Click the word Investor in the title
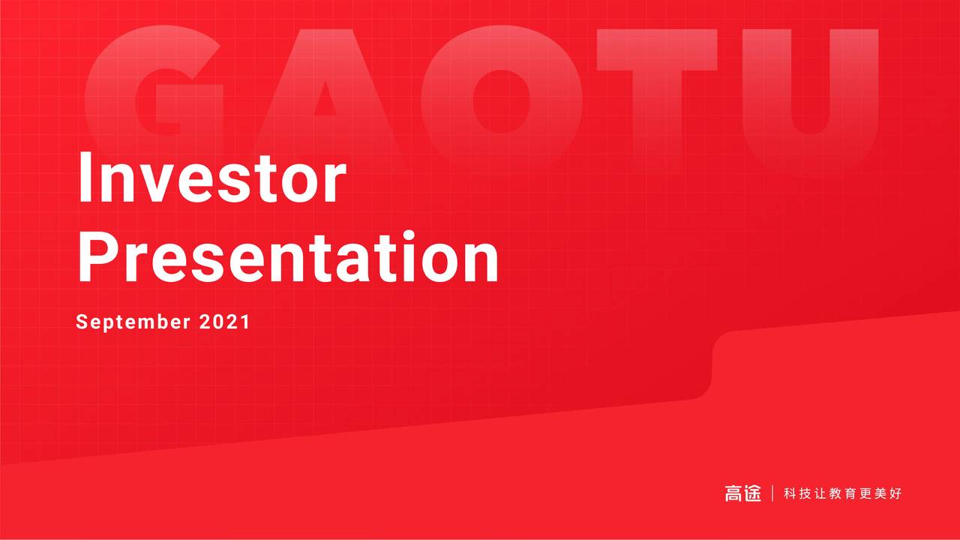coord(211,178)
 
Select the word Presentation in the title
coord(288,257)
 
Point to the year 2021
coord(224,322)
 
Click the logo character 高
coord(733,493)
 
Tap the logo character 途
coord(752,493)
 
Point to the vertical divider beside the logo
coord(772,493)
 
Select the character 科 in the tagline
coord(790,493)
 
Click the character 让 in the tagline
coord(820,493)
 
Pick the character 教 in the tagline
coord(836,493)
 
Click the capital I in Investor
coord(88,178)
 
